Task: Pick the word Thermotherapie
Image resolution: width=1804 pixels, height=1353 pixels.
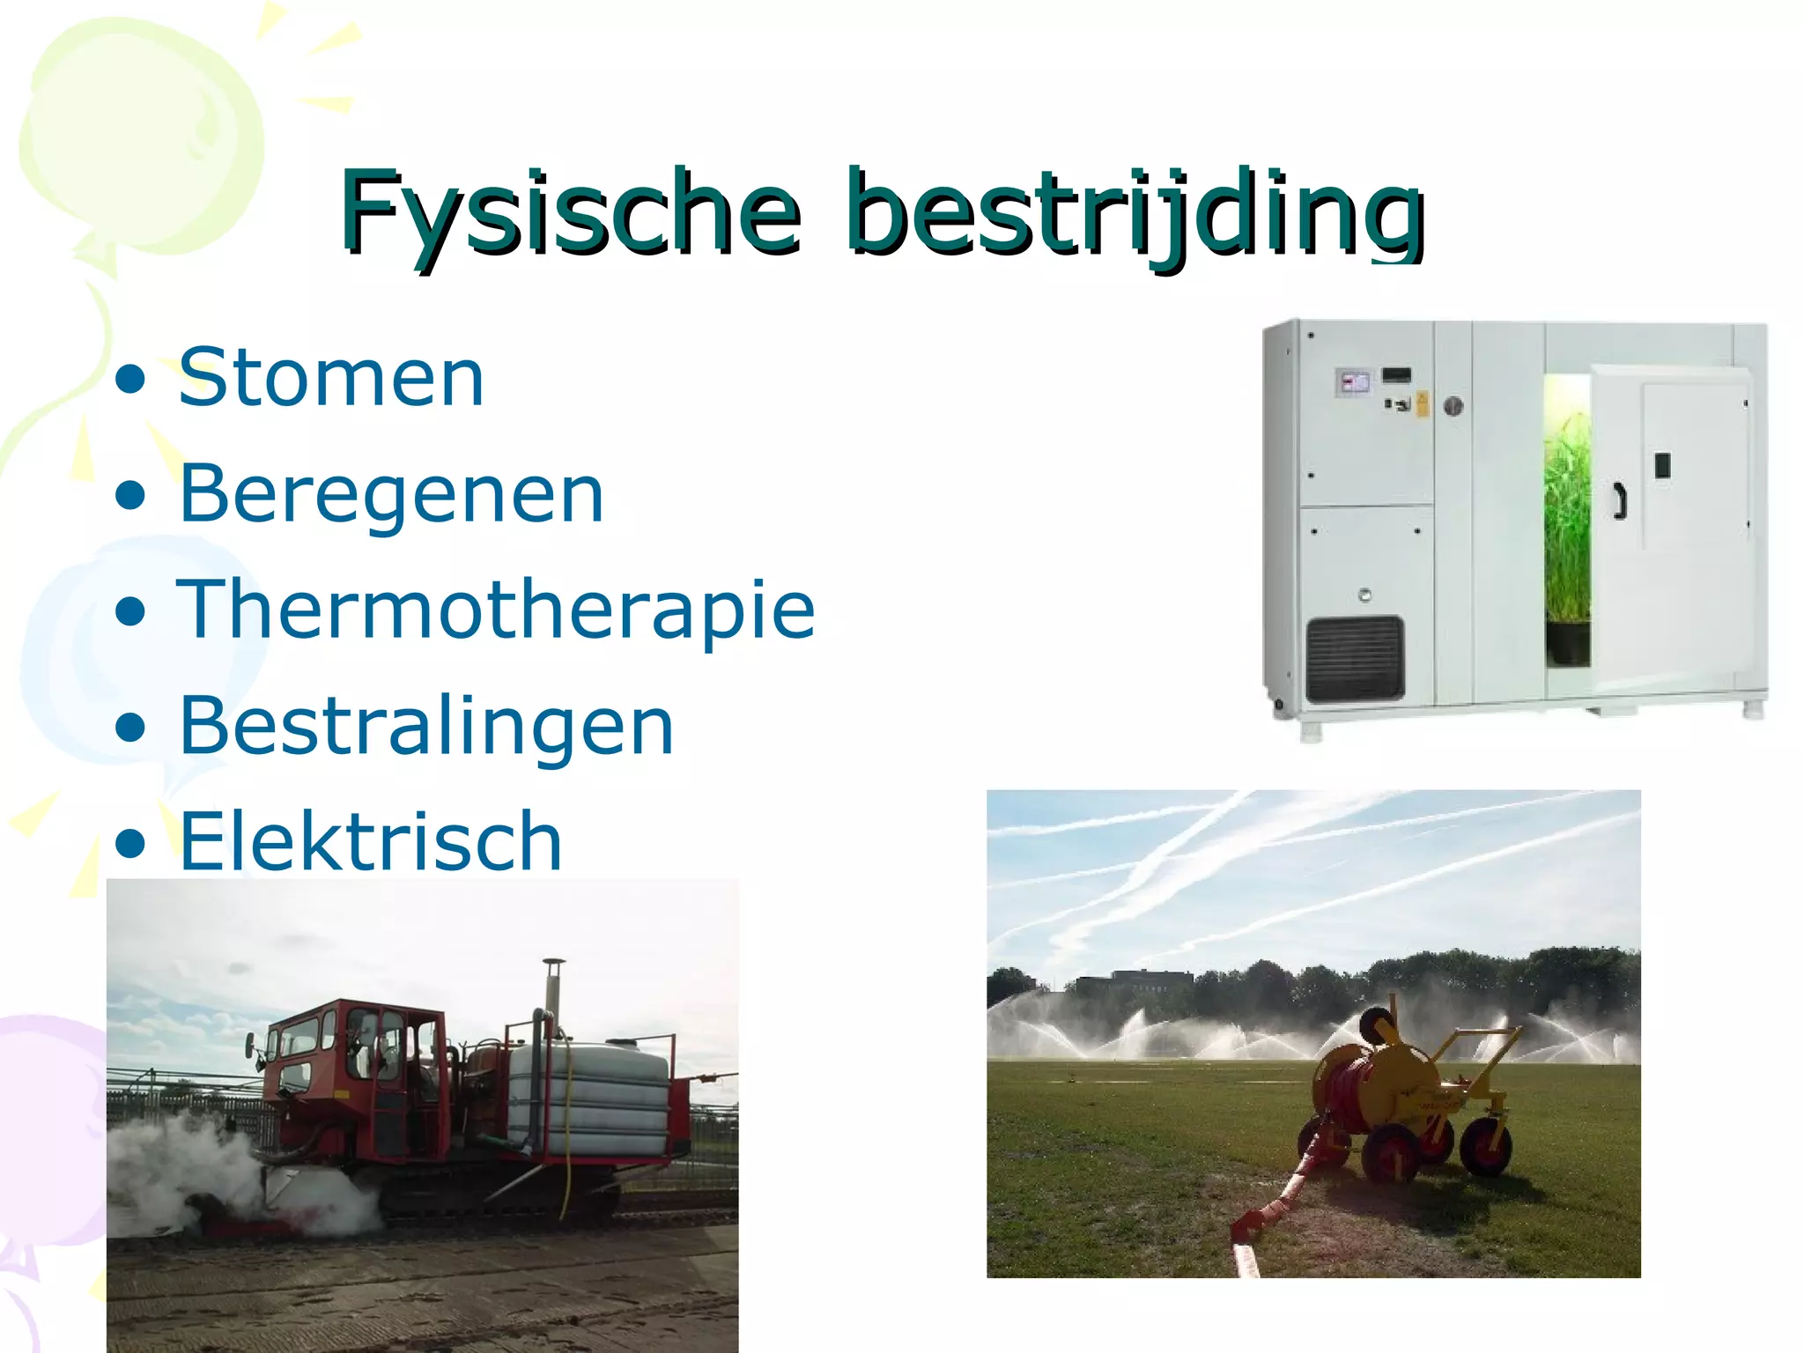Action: pos(496,610)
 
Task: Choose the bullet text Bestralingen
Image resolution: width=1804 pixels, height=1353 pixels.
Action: pos(425,726)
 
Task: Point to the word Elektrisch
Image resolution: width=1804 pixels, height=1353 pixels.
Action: pos(370,842)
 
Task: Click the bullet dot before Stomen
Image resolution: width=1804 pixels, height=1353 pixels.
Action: pos(130,380)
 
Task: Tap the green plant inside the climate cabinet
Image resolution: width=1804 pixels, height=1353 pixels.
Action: pos(1567,520)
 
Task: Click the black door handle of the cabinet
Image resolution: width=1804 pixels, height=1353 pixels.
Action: pos(1619,500)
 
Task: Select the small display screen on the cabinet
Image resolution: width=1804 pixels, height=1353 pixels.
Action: pos(1354,382)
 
